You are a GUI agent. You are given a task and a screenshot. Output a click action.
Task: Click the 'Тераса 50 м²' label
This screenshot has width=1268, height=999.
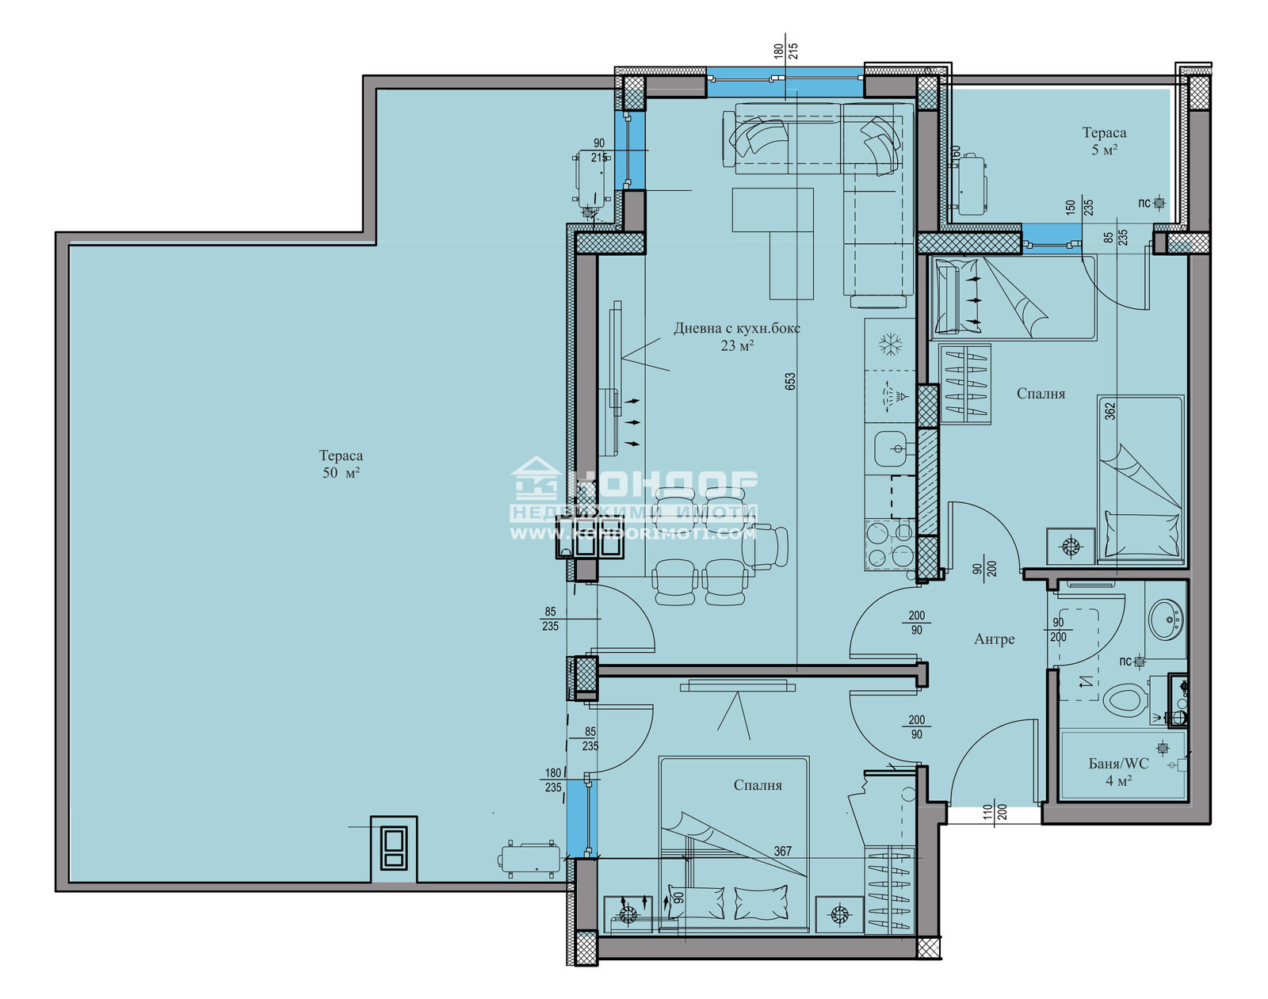click(341, 464)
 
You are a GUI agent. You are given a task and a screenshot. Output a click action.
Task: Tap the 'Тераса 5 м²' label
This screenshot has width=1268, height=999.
click(1104, 141)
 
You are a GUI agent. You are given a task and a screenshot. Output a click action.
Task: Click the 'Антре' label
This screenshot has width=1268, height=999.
click(994, 639)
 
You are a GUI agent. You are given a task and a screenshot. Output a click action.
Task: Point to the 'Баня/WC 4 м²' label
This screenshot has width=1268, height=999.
click(1118, 772)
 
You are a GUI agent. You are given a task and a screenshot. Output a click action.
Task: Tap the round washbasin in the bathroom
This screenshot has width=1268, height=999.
click(1167, 619)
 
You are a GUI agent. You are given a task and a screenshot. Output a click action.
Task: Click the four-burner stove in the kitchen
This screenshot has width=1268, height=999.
click(888, 544)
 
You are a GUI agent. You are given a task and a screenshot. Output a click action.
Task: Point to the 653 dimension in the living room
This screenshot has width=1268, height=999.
click(790, 382)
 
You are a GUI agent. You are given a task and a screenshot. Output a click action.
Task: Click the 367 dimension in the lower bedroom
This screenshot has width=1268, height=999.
click(782, 851)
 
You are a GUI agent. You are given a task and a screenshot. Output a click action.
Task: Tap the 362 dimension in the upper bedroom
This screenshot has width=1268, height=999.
click(1110, 410)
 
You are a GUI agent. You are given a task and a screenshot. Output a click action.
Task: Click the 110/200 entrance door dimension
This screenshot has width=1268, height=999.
click(995, 811)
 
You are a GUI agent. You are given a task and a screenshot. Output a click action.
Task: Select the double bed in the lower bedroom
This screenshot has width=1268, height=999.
click(733, 844)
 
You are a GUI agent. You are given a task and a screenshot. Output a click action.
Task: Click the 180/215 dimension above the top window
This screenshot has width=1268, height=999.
click(785, 51)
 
